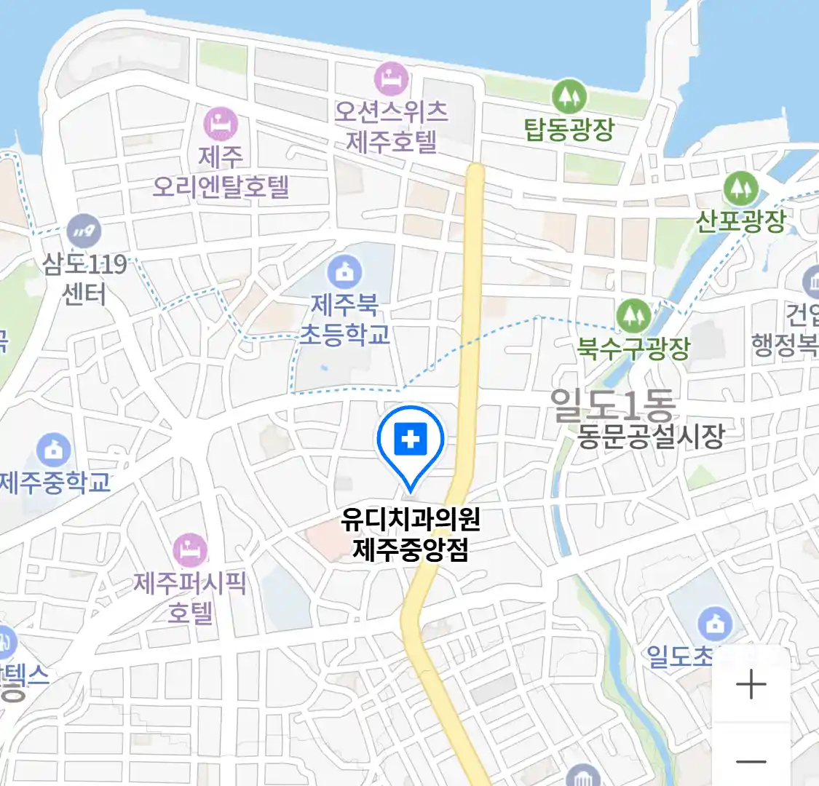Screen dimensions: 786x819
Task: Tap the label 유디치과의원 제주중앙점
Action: coord(411,533)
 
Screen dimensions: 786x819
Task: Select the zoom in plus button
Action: coord(751,685)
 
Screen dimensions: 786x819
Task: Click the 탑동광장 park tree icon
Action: coord(569,96)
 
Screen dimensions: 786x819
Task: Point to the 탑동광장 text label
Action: coord(569,130)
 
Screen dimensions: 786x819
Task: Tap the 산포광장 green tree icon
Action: coord(741,188)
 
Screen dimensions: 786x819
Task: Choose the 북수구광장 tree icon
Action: coord(633,316)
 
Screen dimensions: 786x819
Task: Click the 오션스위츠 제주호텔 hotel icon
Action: coord(391,79)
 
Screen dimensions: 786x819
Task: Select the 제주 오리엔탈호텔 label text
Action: coord(221,172)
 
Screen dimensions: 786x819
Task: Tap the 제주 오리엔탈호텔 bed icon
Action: coord(220,124)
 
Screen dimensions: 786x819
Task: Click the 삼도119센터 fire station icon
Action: coord(84,231)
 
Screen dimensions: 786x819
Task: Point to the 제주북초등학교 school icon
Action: coord(344,272)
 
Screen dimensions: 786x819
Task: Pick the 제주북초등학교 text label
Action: coord(344,319)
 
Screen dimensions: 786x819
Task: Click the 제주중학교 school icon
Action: coord(53,450)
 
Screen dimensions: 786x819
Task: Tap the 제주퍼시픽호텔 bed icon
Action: coord(190,551)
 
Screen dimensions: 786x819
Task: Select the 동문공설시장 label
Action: coord(651,436)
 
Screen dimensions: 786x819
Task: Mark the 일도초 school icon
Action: coord(715,624)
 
